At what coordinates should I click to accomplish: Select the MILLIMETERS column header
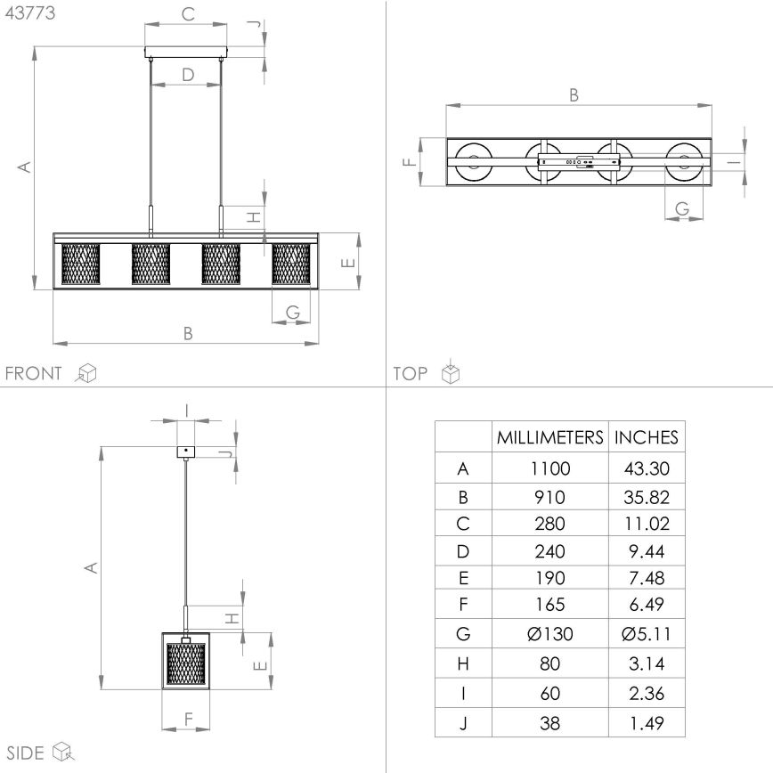550,437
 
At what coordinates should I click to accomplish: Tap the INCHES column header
647,437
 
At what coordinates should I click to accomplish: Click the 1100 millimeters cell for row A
550,467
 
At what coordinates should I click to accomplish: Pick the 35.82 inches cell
647,496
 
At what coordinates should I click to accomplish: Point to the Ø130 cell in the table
550,636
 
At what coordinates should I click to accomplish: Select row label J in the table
462,723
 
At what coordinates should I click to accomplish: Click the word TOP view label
411,373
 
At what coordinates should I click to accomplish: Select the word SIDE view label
25,752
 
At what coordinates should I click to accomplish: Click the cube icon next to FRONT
86,373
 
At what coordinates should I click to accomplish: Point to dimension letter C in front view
187,14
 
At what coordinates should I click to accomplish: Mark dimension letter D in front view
187,75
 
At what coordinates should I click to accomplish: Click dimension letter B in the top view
574,94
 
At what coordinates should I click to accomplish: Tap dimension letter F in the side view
187,718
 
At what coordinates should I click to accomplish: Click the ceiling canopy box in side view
185,452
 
